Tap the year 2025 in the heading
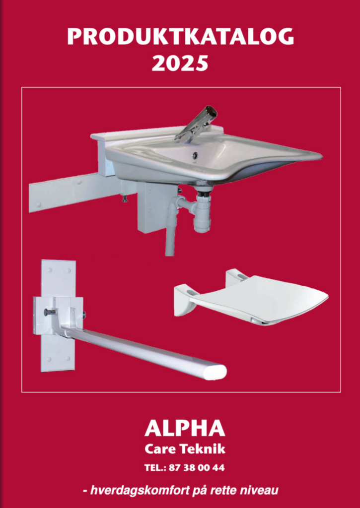[x=180, y=63]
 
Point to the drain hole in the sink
[x=195, y=155]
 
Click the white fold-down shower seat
[x=251, y=297]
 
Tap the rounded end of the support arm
[x=214, y=372]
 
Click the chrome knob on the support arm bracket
[x=49, y=313]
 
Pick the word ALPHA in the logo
[x=185, y=428]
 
